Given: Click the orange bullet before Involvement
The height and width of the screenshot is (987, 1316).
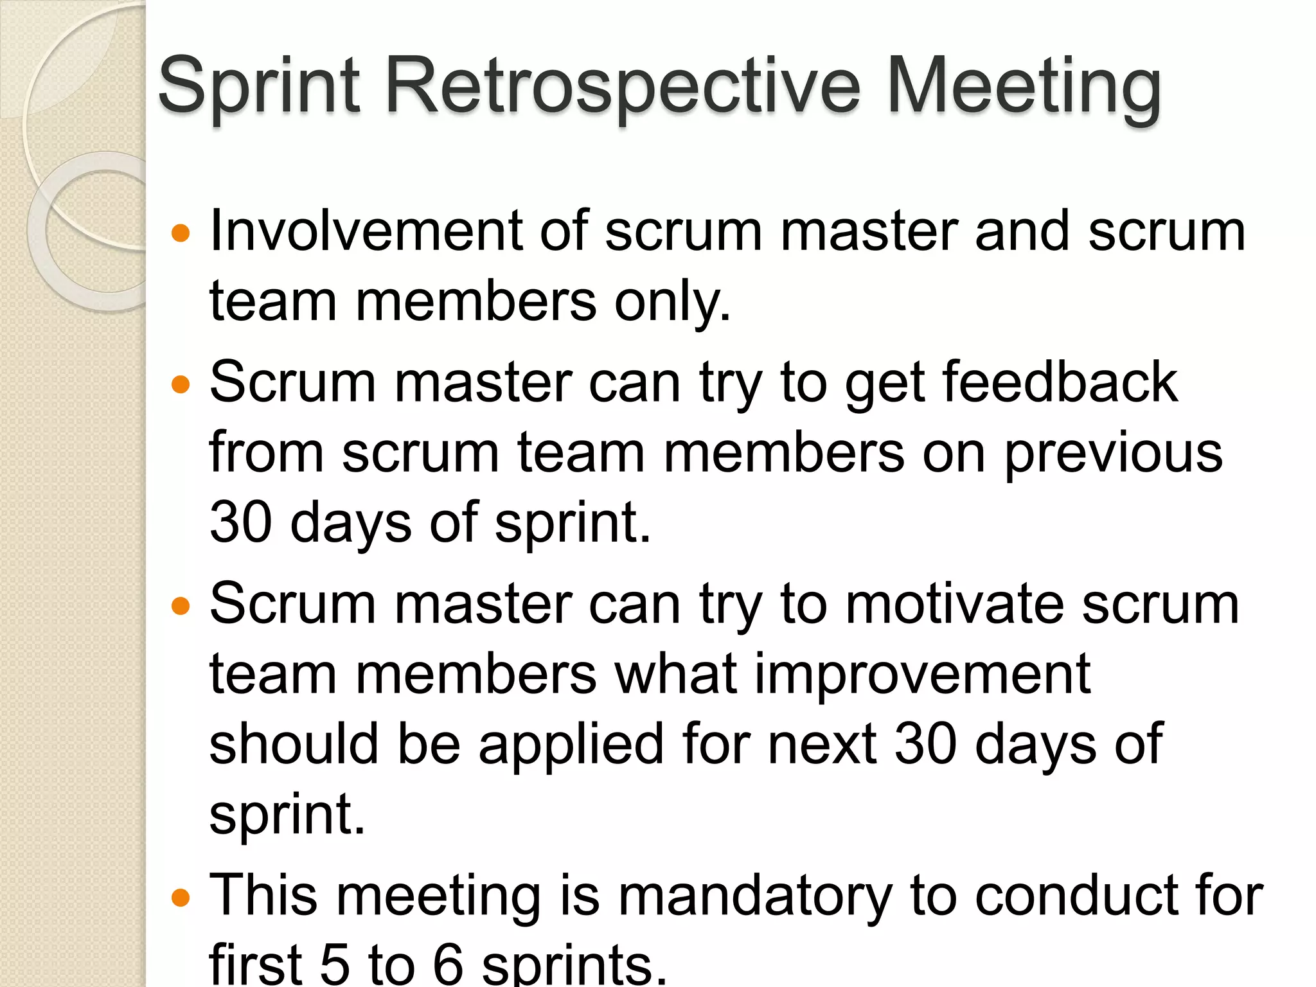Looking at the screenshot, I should point(181,233).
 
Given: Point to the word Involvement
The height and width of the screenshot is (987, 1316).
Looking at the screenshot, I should point(366,231).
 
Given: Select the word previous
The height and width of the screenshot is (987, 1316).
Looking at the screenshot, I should point(1113,454).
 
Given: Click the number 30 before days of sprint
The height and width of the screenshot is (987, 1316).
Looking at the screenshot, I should point(241,523).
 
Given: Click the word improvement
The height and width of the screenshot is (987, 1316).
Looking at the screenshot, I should point(923,675).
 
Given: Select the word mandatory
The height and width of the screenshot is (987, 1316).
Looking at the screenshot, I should point(756,897).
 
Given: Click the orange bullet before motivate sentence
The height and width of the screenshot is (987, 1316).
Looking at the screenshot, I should point(181,606).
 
